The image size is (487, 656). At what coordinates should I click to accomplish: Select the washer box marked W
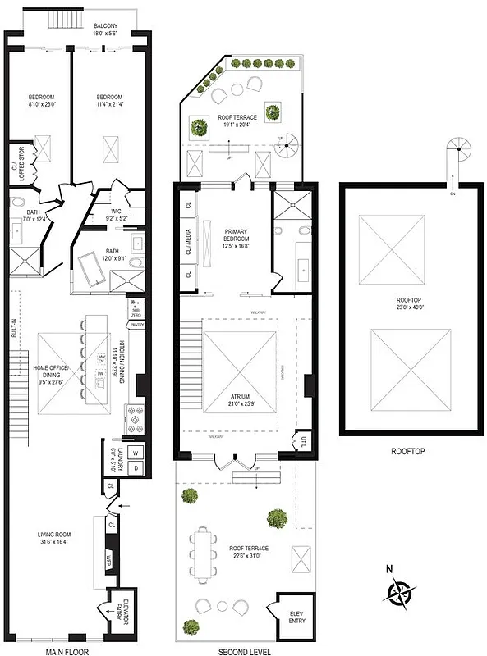pos(135,452)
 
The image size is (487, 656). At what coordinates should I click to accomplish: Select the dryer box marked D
pos(135,467)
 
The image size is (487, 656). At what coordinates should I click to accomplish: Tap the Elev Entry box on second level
pos(296,617)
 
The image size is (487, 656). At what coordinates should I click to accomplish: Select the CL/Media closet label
pos(188,240)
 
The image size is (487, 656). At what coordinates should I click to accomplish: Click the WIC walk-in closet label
pos(116,215)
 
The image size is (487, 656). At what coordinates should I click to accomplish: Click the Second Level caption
pos(241,651)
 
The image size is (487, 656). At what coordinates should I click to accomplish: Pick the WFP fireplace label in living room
pos(108,560)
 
